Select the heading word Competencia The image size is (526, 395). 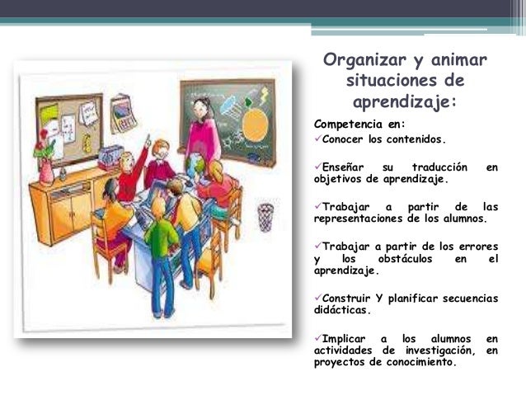coord(350,125)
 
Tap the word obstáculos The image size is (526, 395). coord(401,258)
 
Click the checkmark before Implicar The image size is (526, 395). coord(318,338)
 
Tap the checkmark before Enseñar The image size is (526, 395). coord(318,167)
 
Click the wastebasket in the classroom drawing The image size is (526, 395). coord(265,216)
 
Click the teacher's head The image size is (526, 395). coord(202,108)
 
